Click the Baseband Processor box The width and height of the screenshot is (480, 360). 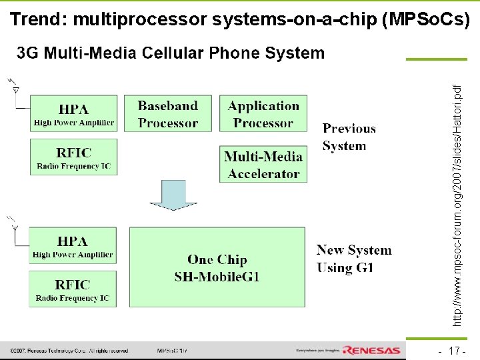pyautogui.click(x=168, y=113)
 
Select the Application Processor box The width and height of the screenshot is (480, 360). pyautogui.click(x=263, y=113)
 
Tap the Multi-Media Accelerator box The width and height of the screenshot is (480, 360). pyautogui.click(x=263, y=164)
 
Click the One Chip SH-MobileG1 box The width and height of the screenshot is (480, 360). pyautogui.click(x=217, y=267)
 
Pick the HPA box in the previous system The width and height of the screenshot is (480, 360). pyautogui.click(x=73, y=113)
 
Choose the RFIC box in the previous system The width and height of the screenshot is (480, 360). pyautogui.click(x=73, y=157)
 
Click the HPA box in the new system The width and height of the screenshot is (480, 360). pyautogui.click(x=73, y=245)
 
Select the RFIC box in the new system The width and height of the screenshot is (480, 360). pyautogui.click(x=73, y=289)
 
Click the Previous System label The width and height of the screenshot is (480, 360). pyautogui.click(x=349, y=137)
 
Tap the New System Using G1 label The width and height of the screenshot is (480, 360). pyautogui.click(x=353, y=259)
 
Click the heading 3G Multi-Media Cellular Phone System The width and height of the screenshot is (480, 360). pyautogui.click(x=171, y=53)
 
